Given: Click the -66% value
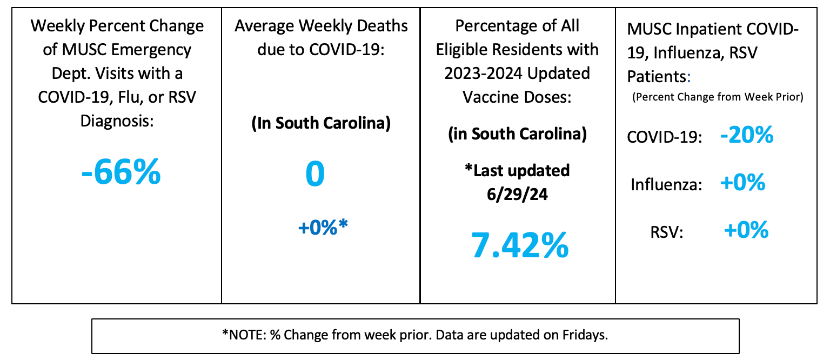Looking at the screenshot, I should pyautogui.click(x=122, y=171).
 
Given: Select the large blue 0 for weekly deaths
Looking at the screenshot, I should pyautogui.click(x=315, y=175).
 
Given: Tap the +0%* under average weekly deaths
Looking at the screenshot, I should pyautogui.click(x=323, y=226).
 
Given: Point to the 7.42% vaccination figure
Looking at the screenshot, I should pyautogui.click(x=519, y=245).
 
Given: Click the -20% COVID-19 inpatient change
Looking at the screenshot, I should pyautogui.click(x=747, y=135).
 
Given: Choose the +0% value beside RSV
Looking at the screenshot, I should pyautogui.click(x=746, y=231).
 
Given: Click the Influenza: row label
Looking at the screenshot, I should pyautogui.click(x=666, y=185).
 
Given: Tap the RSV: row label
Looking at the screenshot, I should pyautogui.click(x=667, y=232).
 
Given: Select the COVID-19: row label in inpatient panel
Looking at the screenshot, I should pyautogui.click(x=664, y=137).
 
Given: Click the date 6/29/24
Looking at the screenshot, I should pyautogui.click(x=517, y=194).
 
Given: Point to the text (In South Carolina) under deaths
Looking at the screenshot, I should pyautogui.click(x=321, y=123).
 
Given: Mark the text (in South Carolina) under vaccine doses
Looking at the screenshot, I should pyautogui.click(x=517, y=134).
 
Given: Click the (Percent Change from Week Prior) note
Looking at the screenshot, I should pyautogui.click(x=717, y=98).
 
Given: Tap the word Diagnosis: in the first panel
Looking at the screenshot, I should pyautogui.click(x=118, y=119).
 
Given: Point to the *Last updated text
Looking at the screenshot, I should pyautogui.click(x=517, y=170).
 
